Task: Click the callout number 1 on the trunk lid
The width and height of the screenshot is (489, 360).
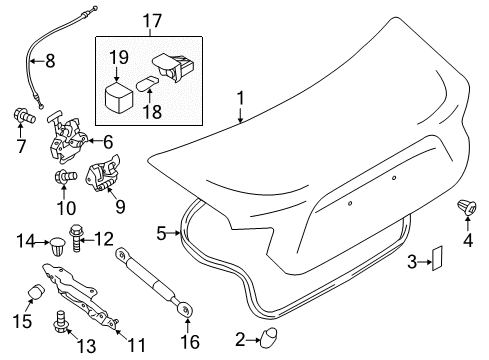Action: pyautogui.click(x=239, y=99)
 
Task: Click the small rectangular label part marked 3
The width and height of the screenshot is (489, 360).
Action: pyautogui.click(x=436, y=261)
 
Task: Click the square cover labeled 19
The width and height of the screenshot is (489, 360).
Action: pyautogui.click(x=119, y=96)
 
